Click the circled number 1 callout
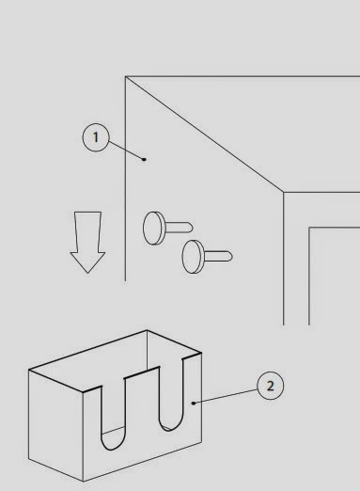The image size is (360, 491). pyautogui.click(x=96, y=137)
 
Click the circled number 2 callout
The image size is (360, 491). pyautogui.click(x=270, y=386)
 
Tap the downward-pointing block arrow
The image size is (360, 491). pyautogui.click(x=87, y=243)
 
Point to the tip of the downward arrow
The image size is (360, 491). pyautogui.click(x=87, y=273)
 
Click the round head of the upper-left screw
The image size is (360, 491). pyautogui.click(x=153, y=228)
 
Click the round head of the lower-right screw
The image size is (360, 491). pyautogui.click(x=193, y=257)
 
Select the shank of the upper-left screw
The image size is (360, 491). pyautogui.click(x=179, y=228)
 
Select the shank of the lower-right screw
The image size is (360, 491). pyautogui.click(x=218, y=256)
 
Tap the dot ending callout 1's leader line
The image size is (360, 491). pyautogui.click(x=144, y=159)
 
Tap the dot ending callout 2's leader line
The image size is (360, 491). pyautogui.click(x=194, y=403)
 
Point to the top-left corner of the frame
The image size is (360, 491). pyautogui.click(x=126, y=76)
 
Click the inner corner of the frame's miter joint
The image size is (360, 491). pyautogui.click(x=284, y=192)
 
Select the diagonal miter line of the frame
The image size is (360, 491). pyautogui.click(x=205, y=135)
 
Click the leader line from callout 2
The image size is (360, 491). pyautogui.click(x=226, y=396)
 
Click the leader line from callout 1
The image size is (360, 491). pyautogui.click(x=127, y=150)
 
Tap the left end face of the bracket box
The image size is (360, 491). pyautogui.click(x=55, y=425)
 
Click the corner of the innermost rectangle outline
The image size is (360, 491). pyautogui.click(x=309, y=228)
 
